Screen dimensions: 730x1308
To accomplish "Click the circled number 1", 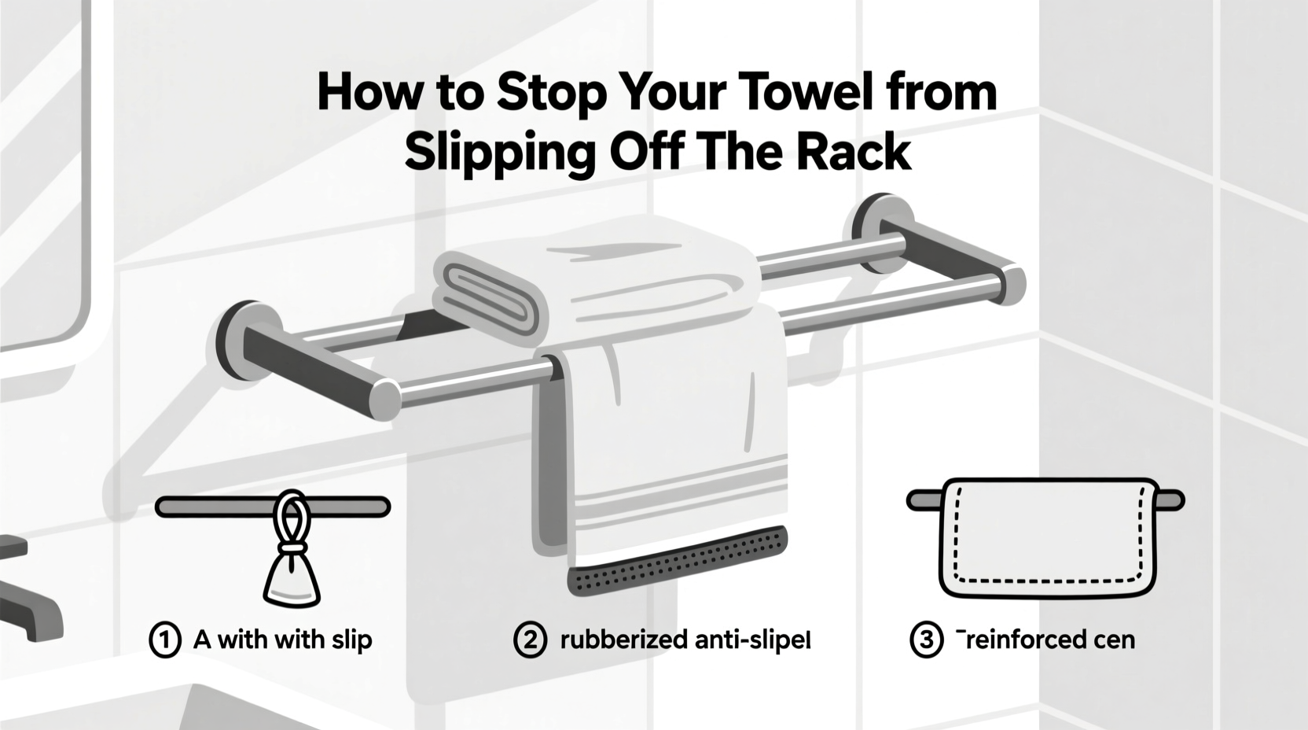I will tap(165, 640).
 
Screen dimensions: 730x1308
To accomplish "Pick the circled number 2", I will tap(530, 640).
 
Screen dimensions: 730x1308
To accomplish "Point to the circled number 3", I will tap(926, 640).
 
